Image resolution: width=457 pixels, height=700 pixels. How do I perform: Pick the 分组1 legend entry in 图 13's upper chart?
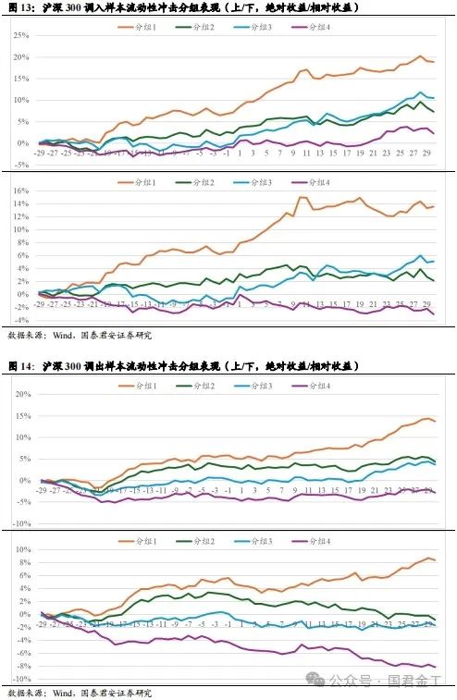coord(140,28)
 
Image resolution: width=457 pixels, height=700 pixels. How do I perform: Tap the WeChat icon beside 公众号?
coord(318,681)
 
